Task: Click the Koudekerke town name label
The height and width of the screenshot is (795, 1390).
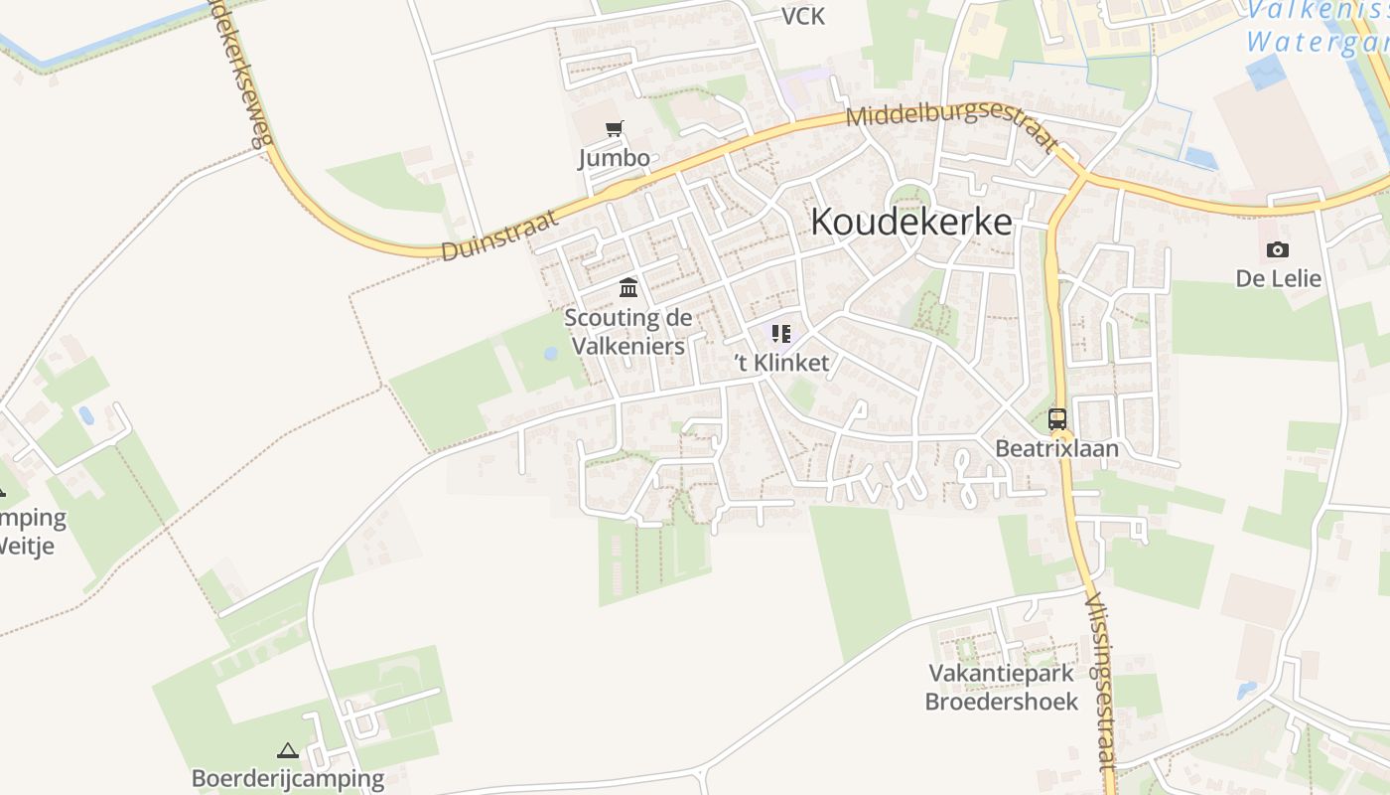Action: [x=911, y=223]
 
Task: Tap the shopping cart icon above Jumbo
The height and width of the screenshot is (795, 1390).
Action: [x=615, y=128]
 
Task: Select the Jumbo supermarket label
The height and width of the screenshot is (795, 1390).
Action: [x=615, y=158]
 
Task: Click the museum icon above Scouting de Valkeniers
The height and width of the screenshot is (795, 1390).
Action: [x=628, y=288]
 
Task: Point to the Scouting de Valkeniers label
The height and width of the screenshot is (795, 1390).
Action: [x=627, y=332]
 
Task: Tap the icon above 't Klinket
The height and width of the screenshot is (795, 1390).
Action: [x=781, y=334]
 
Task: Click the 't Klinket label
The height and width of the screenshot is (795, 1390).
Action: [x=781, y=364]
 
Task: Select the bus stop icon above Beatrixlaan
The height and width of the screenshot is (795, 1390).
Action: [x=1057, y=419]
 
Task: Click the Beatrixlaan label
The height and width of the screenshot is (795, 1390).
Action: [x=1057, y=449]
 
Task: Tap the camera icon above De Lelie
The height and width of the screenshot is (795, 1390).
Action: [x=1278, y=249]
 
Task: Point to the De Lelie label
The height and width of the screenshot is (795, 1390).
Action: [x=1279, y=279]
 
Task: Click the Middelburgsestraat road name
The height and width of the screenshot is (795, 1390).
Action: [x=951, y=128]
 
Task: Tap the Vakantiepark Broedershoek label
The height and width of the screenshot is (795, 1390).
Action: [x=1002, y=688]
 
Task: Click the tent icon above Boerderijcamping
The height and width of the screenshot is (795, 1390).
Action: [x=288, y=750]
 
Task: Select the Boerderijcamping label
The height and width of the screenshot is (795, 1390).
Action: [x=288, y=779]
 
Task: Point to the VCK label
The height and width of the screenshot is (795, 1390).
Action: [x=802, y=17]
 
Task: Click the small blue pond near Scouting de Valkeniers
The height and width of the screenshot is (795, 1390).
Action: [x=551, y=354]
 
